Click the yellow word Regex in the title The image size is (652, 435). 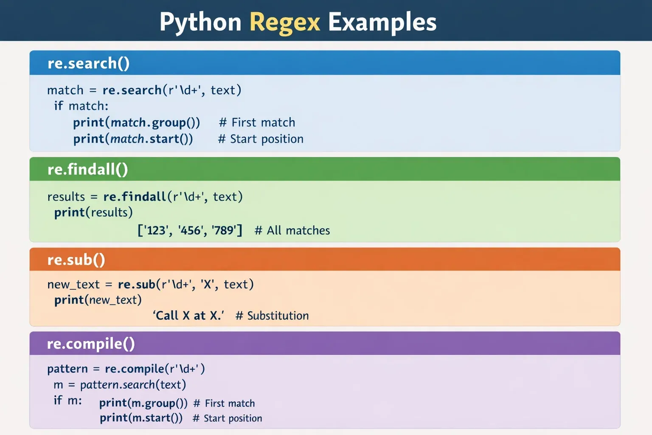pos(284,22)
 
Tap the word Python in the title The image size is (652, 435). pos(200,22)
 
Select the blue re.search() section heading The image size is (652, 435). pos(88,63)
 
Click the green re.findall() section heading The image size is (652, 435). pos(87,169)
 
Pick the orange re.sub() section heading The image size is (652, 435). pos(76,260)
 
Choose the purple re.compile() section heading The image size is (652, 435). pos(91,344)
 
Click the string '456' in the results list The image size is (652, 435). pos(190,231)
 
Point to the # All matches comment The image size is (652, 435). pos(292,231)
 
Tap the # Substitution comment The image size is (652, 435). pos(272,316)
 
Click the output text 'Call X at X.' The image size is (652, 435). pos(188,316)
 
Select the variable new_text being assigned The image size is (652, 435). pos(73,285)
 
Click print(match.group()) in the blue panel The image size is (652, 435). pos(136,123)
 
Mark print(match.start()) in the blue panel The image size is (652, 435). pos(133,139)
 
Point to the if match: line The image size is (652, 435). pos(81,106)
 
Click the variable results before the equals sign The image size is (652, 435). pos(66,197)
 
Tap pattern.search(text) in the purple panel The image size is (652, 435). pos(133,385)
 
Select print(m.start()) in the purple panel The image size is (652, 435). pos(141,418)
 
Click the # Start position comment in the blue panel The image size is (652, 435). pos(261,139)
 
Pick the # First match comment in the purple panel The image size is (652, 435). pos(224,404)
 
